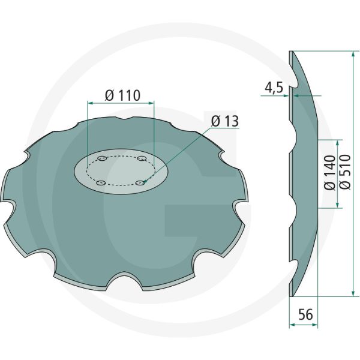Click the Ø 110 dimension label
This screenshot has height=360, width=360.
122,95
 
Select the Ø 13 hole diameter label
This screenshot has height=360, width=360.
225,122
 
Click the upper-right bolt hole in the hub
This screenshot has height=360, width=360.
142,159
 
